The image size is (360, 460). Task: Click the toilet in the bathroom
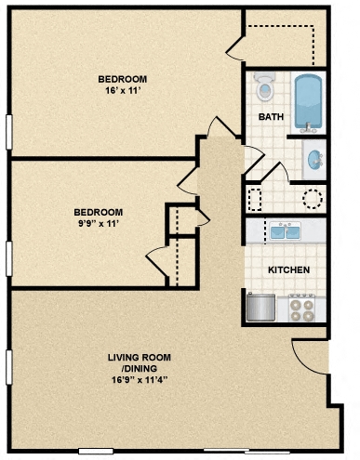265,89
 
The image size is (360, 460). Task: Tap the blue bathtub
308,101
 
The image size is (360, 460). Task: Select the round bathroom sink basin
315,159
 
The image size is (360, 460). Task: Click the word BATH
271,117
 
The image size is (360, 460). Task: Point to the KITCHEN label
288,270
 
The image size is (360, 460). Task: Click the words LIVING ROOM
139,357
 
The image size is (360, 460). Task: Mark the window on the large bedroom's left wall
8,133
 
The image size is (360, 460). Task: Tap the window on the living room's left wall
8,368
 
